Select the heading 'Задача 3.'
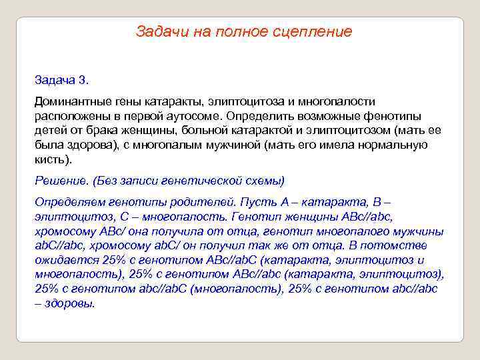[61, 80]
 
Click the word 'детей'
[50, 131]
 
